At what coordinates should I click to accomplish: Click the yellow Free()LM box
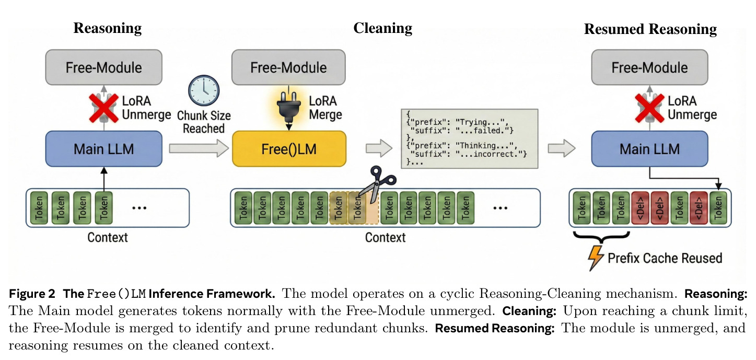click(289, 149)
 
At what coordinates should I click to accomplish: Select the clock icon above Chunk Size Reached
click(204, 90)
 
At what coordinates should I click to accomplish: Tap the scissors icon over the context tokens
click(377, 184)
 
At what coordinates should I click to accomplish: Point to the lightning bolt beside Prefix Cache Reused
click(596, 258)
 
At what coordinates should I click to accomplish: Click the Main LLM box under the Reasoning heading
click(103, 149)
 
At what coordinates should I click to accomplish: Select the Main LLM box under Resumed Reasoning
click(650, 149)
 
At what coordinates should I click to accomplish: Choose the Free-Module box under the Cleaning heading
click(288, 67)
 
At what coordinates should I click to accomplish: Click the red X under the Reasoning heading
click(103, 108)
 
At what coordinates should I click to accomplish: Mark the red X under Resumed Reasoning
click(650, 108)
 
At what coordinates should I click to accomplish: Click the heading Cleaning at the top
click(383, 28)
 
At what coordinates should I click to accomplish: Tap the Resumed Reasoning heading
click(650, 29)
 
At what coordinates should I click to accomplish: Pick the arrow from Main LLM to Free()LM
click(199, 148)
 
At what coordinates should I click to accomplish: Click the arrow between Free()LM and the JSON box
click(379, 148)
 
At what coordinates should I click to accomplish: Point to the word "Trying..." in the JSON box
click(480, 122)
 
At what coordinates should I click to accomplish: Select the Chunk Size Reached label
click(204, 122)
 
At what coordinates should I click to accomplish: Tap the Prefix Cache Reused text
click(665, 258)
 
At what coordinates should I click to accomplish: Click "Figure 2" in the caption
click(32, 294)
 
